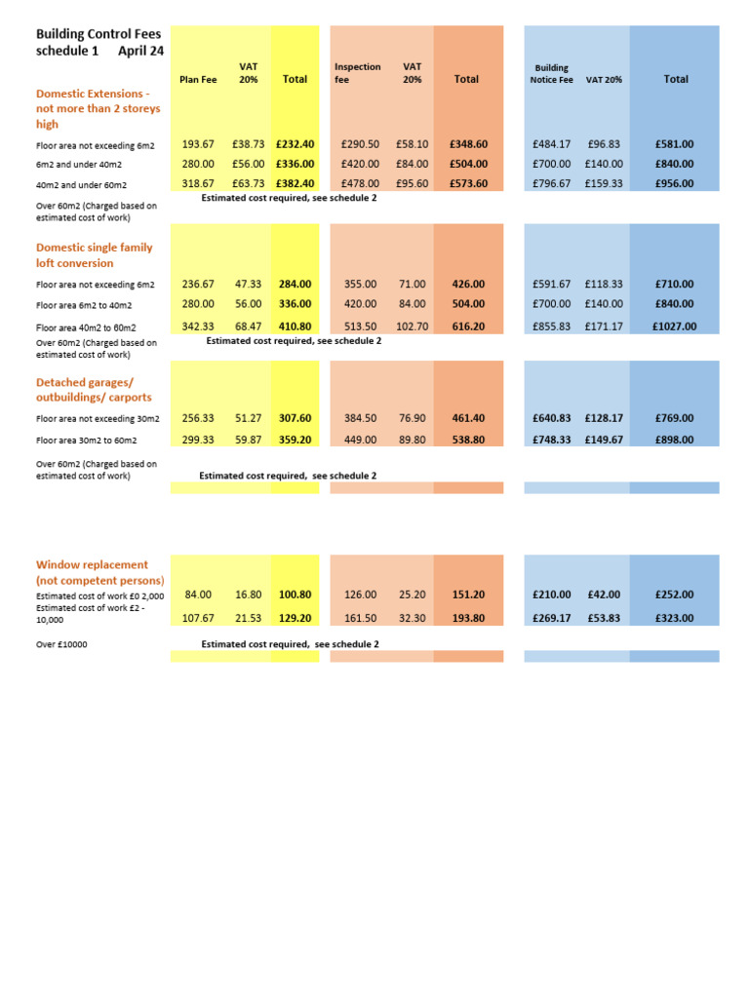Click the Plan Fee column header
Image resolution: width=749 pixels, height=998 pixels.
pyautogui.click(x=198, y=79)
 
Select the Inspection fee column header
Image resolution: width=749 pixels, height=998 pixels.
pyautogui.click(x=357, y=73)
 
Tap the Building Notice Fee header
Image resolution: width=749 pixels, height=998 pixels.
pyautogui.click(x=551, y=74)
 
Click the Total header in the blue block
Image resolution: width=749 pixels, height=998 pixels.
pyautogui.click(x=676, y=79)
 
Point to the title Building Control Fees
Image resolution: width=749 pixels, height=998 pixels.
pyautogui.click(x=99, y=34)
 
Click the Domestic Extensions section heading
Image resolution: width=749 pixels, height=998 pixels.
pyautogui.click(x=98, y=108)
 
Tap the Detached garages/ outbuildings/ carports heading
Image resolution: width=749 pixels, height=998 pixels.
pyautogui.click(x=94, y=390)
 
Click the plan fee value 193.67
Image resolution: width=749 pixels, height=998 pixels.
pyautogui.click(x=198, y=144)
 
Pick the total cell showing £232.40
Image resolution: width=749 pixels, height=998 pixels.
pyautogui.click(x=295, y=144)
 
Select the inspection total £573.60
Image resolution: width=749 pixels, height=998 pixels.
pyautogui.click(x=468, y=183)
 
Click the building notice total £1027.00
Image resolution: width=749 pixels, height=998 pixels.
pyautogui.click(x=675, y=326)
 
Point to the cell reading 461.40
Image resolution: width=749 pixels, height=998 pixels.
pyautogui.click(x=468, y=418)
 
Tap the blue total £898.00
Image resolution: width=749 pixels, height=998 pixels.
pyautogui.click(x=675, y=440)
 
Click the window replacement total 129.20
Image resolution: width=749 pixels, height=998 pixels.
pyautogui.click(x=295, y=618)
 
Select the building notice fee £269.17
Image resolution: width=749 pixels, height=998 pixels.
pyautogui.click(x=552, y=618)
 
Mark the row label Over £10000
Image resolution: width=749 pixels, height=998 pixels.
pyautogui.click(x=61, y=644)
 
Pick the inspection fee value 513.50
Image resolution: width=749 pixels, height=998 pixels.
pyautogui.click(x=360, y=326)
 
